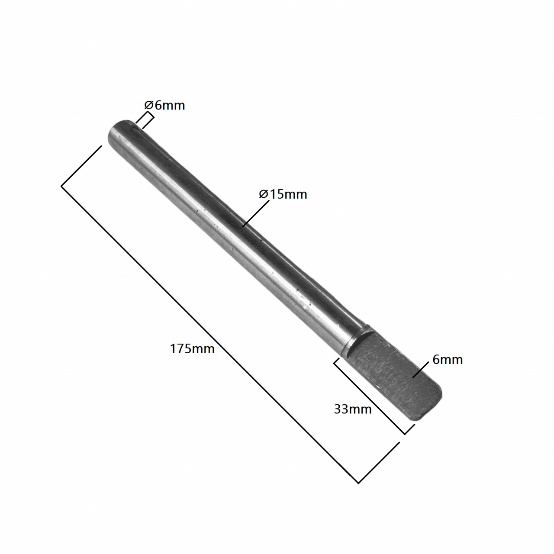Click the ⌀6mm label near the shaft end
pos(164,105)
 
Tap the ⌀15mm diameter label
pos(283,194)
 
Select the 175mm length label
pos(192,348)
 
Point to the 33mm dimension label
pos(353,409)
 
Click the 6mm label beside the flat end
pos(448,360)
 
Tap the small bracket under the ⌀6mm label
pos(145,121)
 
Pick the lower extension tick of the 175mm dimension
pos(379,463)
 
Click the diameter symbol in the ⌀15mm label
pos(264,194)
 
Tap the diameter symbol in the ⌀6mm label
pos(148,105)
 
